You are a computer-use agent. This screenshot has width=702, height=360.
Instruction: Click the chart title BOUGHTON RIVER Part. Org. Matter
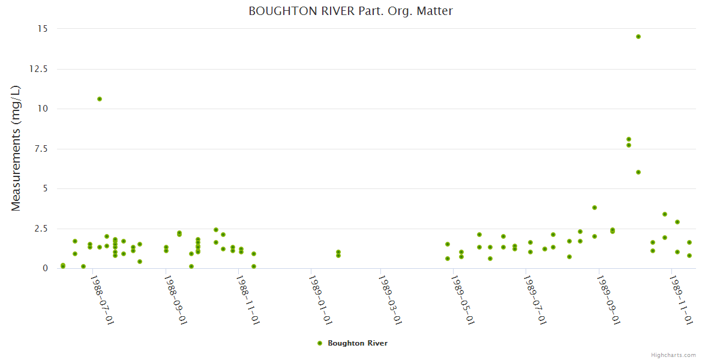(350, 11)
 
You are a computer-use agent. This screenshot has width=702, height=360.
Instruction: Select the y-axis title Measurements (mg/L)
(16, 148)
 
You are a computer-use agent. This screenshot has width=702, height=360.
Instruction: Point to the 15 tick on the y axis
(43, 29)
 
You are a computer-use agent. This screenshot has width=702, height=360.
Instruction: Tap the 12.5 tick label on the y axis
(39, 69)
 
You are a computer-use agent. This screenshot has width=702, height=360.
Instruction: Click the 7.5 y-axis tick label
(41, 149)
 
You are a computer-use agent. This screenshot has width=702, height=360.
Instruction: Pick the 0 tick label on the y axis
(46, 268)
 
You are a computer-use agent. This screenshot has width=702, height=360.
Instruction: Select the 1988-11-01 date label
(247, 299)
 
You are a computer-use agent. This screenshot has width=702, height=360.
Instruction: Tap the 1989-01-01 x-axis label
(319, 299)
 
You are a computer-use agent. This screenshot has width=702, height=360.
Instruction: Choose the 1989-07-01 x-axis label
(534, 299)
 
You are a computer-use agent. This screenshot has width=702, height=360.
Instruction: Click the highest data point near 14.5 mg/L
(638, 37)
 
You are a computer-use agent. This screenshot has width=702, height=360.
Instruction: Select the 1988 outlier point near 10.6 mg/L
(100, 99)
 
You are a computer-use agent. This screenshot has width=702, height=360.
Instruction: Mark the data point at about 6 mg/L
(638, 172)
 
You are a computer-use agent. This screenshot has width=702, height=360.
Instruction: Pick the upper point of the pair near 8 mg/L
(629, 139)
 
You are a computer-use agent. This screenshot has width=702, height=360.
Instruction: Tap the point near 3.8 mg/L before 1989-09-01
(595, 208)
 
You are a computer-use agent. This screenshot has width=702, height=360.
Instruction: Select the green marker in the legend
(320, 343)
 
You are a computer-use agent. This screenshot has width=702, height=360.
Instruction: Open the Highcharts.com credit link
(673, 355)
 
